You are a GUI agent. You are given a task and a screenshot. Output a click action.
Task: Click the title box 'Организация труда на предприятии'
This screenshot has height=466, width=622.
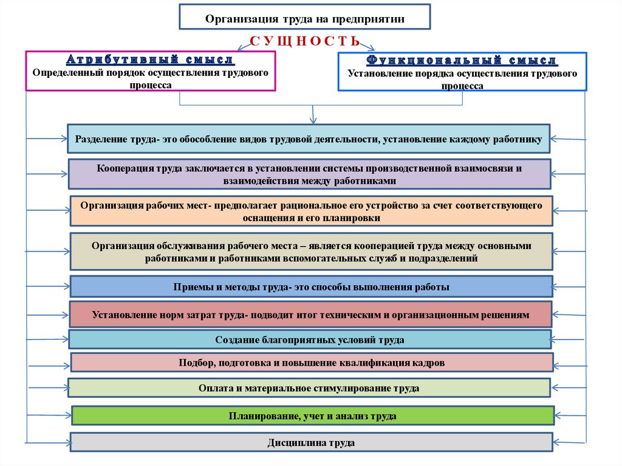pyautogui.click(x=304, y=17)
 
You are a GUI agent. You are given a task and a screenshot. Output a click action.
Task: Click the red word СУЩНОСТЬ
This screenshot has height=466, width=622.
pyautogui.click(x=306, y=41)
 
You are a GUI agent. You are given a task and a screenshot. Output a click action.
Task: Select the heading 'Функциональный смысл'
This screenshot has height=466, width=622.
pyautogui.click(x=462, y=61)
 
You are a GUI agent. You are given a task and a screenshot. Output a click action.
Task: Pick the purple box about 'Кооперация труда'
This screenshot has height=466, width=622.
pyautogui.click(x=310, y=174)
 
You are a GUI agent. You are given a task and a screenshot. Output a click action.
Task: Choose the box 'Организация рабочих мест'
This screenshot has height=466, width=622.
pyautogui.click(x=310, y=211)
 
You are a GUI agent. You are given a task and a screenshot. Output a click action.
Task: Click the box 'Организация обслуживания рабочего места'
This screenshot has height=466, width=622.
pyautogui.click(x=311, y=252)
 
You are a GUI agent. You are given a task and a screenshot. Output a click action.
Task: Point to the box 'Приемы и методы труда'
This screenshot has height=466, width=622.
pyautogui.click(x=311, y=287)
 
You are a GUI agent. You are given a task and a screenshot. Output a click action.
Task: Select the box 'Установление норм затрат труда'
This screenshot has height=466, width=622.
pyautogui.click(x=310, y=315)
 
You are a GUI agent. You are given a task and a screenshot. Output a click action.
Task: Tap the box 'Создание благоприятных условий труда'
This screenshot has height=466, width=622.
pyautogui.click(x=310, y=340)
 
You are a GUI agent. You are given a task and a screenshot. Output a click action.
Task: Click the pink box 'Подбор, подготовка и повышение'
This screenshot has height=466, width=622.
pyautogui.click(x=312, y=363)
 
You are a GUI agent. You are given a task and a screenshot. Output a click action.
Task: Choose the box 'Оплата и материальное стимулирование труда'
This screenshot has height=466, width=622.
pyautogui.click(x=309, y=388)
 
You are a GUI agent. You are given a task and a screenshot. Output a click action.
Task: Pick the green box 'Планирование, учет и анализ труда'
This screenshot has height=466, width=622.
pyautogui.click(x=313, y=416)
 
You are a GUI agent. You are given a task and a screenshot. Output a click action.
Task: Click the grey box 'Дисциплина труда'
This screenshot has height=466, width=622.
pyautogui.click(x=311, y=442)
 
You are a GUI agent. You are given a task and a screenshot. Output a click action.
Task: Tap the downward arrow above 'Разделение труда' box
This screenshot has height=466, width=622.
pyautogui.click(x=313, y=115)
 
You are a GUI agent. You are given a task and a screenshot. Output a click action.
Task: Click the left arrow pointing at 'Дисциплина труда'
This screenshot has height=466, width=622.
pyautogui.click(x=49, y=441)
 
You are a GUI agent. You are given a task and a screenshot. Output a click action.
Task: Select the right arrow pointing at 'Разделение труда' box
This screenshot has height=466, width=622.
pyautogui.click(x=568, y=139)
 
